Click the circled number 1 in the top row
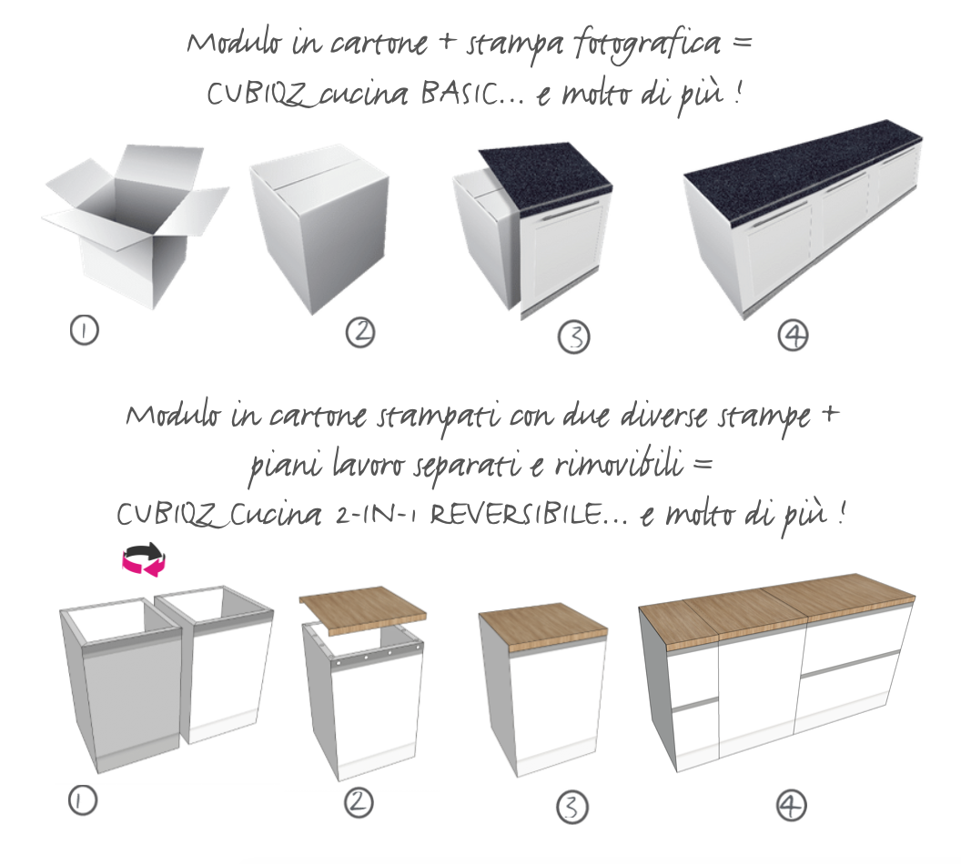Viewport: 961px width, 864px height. click(84, 330)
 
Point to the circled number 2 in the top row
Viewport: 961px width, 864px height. click(360, 333)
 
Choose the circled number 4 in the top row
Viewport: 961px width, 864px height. click(793, 336)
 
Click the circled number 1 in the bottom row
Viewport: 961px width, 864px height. click(83, 800)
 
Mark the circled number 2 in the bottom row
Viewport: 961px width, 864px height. click(359, 801)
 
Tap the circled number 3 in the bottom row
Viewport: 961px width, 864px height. click(572, 806)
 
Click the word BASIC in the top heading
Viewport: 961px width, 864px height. click(464, 94)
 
